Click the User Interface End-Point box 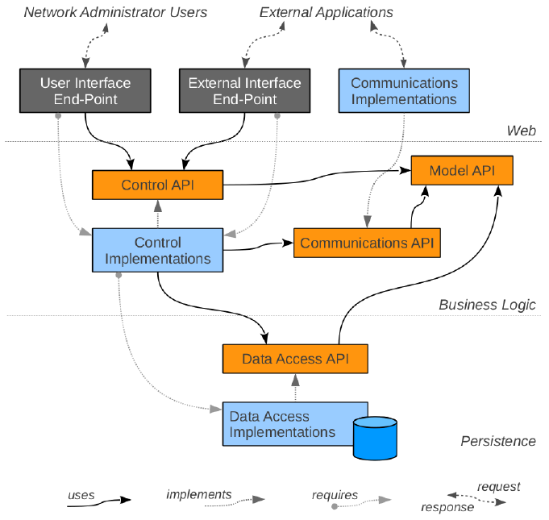click(x=85, y=91)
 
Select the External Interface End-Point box click(x=244, y=91)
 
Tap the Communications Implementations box click(x=404, y=91)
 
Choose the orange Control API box click(x=157, y=185)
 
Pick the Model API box click(x=462, y=170)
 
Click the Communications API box click(x=367, y=242)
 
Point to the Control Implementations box click(x=157, y=250)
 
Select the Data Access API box click(x=295, y=358)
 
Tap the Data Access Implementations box click(x=282, y=423)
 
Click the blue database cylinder click(x=375, y=437)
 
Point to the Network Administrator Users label click(x=115, y=12)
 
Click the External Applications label click(x=326, y=12)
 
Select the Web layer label click(x=521, y=131)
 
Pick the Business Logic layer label click(x=487, y=305)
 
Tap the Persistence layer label click(x=497, y=441)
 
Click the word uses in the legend click(x=81, y=494)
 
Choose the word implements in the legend click(x=199, y=494)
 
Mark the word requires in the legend click(x=335, y=494)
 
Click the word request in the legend click(x=498, y=486)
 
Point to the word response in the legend click(x=447, y=507)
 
